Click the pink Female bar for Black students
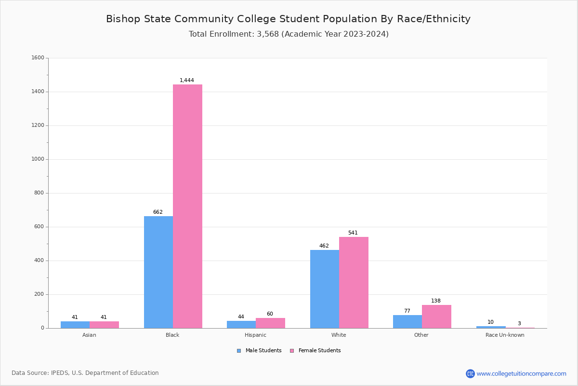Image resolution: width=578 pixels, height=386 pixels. (x=187, y=206)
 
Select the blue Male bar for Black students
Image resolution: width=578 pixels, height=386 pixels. (x=158, y=272)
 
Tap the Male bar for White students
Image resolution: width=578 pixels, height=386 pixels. (x=325, y=289)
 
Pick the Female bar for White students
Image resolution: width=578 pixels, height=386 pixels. (x=354, y=282)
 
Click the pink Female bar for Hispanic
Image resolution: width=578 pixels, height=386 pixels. (x=270, y=323)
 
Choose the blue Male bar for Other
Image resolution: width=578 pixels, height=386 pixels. (x=407, y=321)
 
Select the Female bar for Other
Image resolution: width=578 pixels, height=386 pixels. (x=436, y=317)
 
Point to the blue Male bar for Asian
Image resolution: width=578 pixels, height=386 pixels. (x=75, y=325)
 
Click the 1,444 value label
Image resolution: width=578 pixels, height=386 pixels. (x=187, y=81)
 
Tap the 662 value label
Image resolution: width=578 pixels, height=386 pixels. (x=158, y=212)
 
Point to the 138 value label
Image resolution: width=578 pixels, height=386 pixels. (x=436, y=301)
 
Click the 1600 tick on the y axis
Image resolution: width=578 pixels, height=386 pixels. (x=38, y=58)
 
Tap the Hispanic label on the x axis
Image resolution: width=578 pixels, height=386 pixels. (x=255, y=335)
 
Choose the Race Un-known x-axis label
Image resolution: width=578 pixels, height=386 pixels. (x=505, y=335)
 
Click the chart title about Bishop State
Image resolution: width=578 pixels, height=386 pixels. (x=288, y=19)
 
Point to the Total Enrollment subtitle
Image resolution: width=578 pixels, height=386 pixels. (x=289, y=34)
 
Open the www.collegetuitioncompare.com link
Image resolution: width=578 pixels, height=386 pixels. (x=521, y=373)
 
